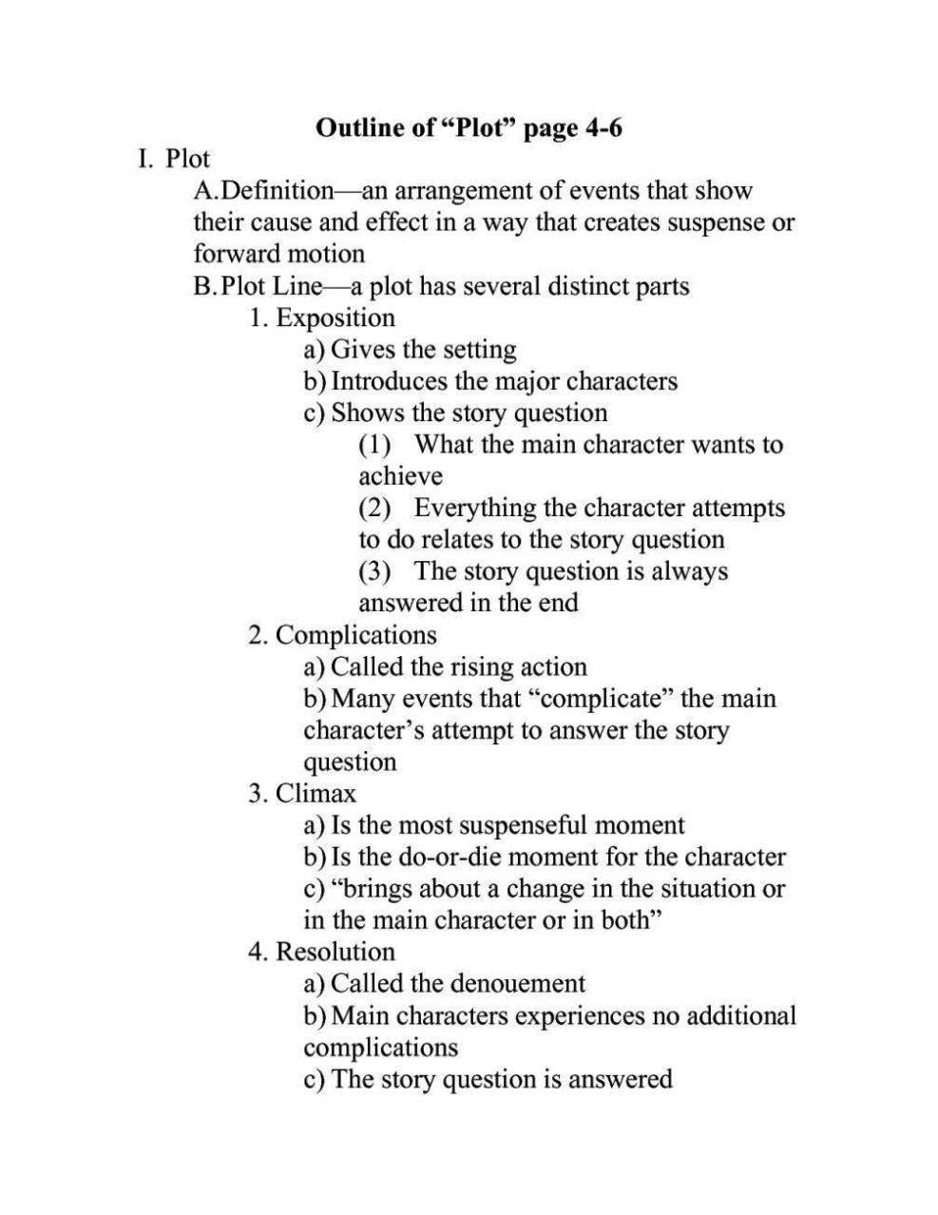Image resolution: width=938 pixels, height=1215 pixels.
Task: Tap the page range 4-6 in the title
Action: (600, 127)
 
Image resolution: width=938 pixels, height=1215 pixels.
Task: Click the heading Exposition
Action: (335, 318)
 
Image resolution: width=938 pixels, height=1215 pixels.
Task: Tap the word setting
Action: (481, 350)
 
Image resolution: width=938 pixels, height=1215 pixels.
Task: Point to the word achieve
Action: (400, 476)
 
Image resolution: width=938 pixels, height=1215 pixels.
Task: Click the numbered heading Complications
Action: (355, 635)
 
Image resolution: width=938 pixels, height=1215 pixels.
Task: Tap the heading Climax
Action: (316, 793)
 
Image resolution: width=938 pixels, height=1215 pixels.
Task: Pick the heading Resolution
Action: (335, 952)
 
